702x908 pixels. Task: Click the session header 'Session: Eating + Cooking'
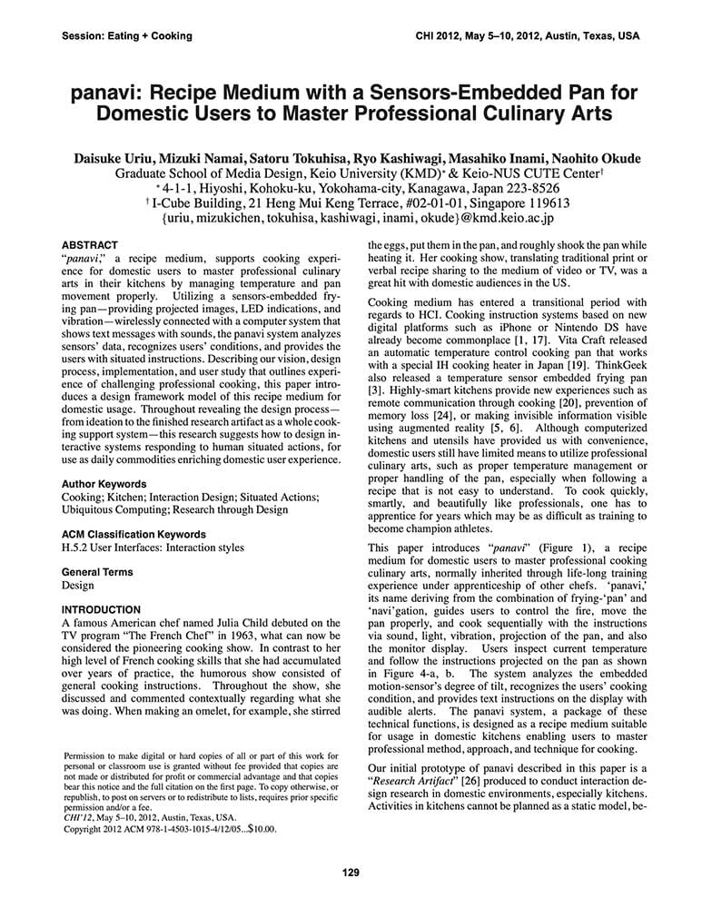pyautogui.click(x=127, y=36)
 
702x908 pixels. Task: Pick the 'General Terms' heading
pyautogui.click(x=97, y=572)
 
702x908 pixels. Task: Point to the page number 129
pyautogui.click(x=351, y=873)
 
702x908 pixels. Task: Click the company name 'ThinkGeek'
pyautogui.click(x=616, y=369)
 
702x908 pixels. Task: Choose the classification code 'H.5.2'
pyautogui.click(x=76, y=548)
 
